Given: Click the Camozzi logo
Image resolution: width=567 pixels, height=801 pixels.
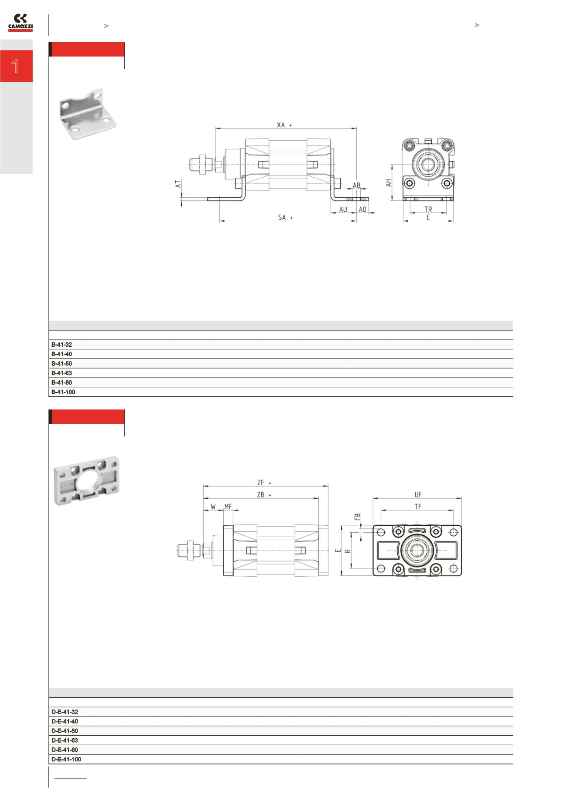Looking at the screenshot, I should [20, 23].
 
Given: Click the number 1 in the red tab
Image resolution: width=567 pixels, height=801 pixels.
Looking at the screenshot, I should [16, 66].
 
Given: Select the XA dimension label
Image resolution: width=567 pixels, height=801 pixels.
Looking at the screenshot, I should [281, 125].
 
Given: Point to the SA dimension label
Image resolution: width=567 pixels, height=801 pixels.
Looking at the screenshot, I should [282, 217].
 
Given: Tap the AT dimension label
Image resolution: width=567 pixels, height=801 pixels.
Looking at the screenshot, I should [178, 185].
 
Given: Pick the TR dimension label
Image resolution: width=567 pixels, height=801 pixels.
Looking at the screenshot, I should [428, 210].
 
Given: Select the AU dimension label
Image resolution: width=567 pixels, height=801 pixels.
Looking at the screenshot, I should [343, 210].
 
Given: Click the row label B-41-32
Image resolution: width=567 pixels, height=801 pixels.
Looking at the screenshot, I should [61, 345].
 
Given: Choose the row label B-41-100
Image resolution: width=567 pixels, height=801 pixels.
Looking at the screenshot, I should [63, 392].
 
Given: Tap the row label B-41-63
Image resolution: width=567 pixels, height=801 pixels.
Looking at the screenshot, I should [61, 373].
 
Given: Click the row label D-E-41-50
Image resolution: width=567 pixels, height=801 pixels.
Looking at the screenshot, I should [65, 731].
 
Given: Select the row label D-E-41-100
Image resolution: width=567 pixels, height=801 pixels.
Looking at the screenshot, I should [66, 759].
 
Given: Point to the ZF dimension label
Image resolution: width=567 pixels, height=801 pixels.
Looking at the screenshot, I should [261, 483].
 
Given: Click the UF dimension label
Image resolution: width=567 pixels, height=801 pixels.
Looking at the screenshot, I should [418, 495].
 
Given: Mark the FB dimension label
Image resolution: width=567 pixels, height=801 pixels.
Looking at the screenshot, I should [357, 517].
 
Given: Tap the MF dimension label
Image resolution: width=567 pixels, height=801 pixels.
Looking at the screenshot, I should [228, 507].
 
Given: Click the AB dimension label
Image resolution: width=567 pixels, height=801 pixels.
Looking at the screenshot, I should [356, 185].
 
